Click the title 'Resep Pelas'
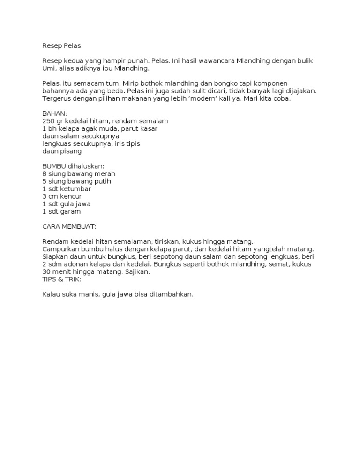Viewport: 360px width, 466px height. click(x=61, y=46)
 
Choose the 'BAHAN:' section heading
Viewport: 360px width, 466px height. click(x=55, y=113)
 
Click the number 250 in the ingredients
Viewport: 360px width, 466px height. click(x=48, y=121)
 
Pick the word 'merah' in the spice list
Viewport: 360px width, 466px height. click(x=105, y=174)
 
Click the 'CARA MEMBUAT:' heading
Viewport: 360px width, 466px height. click(x=69, y=226)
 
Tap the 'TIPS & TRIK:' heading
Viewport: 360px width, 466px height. click(x=62, y=279)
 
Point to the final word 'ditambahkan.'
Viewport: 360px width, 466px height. click(x=170, y=294)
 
